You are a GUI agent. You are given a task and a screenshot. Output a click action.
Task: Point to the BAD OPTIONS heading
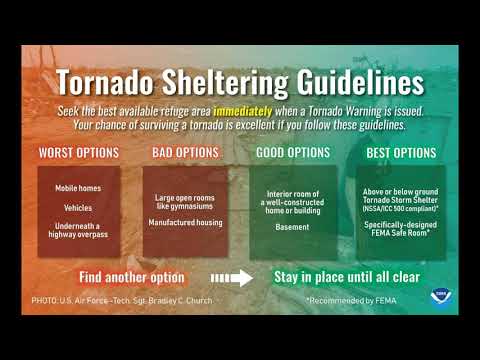185,153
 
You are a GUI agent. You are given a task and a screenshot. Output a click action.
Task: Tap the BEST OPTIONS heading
400,153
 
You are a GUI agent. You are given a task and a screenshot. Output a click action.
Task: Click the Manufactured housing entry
185,221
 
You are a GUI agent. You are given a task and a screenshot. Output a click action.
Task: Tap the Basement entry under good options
292,225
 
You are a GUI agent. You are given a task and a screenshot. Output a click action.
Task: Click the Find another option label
132,276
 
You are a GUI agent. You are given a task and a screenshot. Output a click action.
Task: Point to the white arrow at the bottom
233,277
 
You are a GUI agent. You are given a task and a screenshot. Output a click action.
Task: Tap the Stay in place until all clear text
347,276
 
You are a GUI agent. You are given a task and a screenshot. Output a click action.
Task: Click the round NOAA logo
437,298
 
